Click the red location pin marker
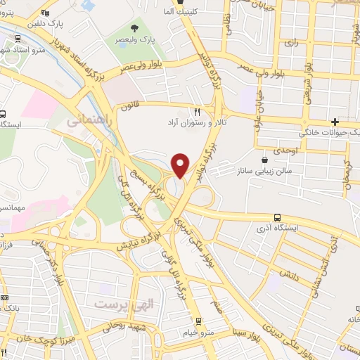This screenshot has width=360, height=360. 181,165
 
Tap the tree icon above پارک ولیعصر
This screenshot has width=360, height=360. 135,27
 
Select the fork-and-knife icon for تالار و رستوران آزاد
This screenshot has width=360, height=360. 198,112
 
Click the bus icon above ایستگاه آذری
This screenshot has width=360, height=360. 277,217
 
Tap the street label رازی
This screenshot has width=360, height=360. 291,43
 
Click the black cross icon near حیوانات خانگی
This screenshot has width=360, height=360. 345,122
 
